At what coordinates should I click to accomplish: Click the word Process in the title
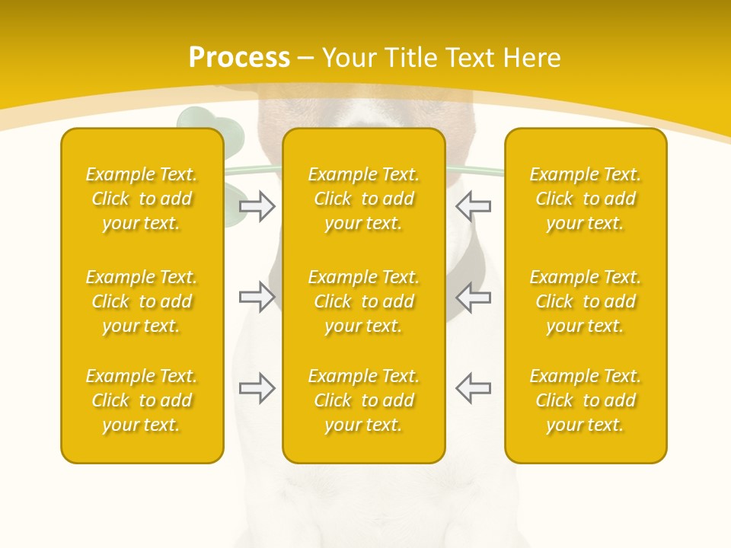click(x=239, y=58)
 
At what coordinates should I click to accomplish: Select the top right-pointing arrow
click(x=257, y=205)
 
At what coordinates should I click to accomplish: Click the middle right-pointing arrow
click(x=257, y=296)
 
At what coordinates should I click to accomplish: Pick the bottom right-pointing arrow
click(x=257, y=387)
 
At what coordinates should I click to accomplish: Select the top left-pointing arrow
click(x=473, y=205)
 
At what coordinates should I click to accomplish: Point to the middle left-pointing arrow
click(x=473, y=296)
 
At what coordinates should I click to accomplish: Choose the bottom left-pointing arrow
click(x=473, y=387)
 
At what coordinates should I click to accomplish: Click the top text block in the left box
click(x=142, y=199)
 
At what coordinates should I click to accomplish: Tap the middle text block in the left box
click(x=142, y=301)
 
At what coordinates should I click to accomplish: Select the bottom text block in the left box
click(x=142, y=400)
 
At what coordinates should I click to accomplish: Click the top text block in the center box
click(x=363, y=199)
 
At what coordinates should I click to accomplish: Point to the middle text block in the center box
click(x=363, y=301)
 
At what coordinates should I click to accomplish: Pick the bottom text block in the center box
click(x=363, y=400)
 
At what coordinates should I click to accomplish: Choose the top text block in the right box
click(x=585, y=199)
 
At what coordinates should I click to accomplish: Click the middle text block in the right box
click(x=585, y=301)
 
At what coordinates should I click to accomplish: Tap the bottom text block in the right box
click(x=585, y=400)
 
